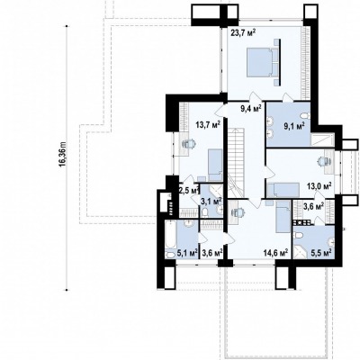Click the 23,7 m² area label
pyautogui.click(x=243, y=32)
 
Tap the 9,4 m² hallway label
pyautogui.click(x=251, y=108)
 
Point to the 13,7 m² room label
pyautogui.click(x=209, y=124)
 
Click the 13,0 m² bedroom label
pyautogui.click(x=319, y=186)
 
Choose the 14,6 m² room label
pyautogui.click(x=275, y=253)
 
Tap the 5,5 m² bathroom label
pyautogui.click(x=322, y=252)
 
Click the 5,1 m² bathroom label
pyautogui.click(x=187, y=253)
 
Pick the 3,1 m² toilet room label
pyautogui.click(x=211, y=201)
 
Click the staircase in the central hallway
pyautogui.click(x=237, y=162)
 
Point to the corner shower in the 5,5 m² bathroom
pyautogui.click(x=301, y=250)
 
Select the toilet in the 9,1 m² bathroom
pyautogui.click(x=305, y=116)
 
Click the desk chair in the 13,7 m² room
pyautogui.click(x=189, y=144)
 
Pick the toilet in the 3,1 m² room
pyautogui.click(x=205, y=212)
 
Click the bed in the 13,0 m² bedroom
pyautogui.click(x=283, y=190)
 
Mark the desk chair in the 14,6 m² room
pyautogui.click(x=238, y=212)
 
